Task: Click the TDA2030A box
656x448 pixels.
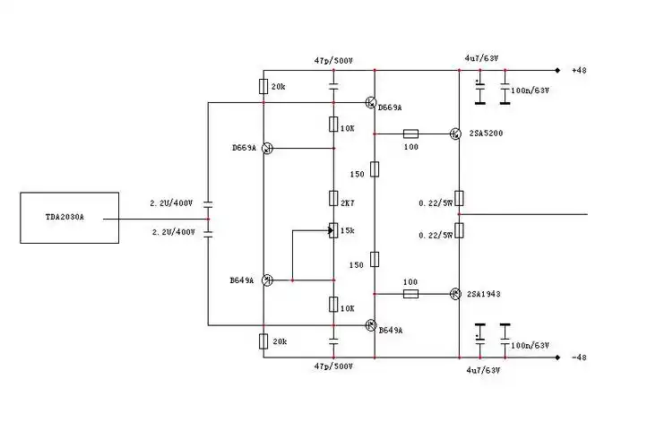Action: pos(69,218)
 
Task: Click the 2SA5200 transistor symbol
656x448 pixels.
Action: pos(455,134)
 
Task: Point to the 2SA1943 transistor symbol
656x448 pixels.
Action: pos(455,294)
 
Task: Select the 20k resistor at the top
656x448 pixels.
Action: pos(263,87)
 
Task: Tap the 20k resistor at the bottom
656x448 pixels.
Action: pos(263,341)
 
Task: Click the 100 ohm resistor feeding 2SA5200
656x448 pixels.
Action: pos(411,134)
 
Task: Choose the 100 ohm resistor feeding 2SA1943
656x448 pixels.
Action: pos(411,294)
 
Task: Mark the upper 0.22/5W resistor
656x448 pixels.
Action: pos(458,198)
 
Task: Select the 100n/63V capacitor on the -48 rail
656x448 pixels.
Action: pos(505,335)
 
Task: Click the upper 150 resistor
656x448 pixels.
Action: pos(375,168)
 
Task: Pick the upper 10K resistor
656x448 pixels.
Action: pos(332,125)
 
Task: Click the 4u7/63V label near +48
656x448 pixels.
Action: pos(481,59)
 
